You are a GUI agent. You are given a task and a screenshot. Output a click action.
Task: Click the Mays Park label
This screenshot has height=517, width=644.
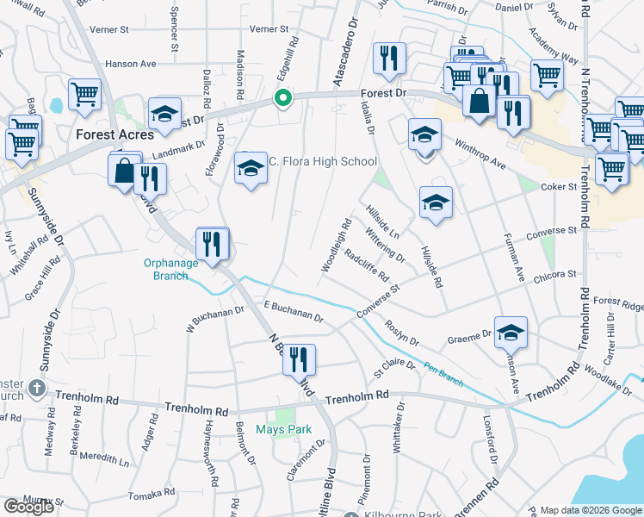(283, 429)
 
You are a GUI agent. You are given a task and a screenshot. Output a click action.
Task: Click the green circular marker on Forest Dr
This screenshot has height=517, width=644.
(282, 98)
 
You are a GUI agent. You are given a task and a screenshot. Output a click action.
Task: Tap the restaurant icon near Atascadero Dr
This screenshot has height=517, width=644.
(389, 59)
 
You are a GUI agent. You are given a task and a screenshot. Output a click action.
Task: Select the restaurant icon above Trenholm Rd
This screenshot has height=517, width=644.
(299, 359)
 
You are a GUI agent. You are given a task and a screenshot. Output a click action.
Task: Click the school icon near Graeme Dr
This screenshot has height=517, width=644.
(511, 332)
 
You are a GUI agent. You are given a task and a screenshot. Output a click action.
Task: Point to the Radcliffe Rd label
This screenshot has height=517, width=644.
(367, 265)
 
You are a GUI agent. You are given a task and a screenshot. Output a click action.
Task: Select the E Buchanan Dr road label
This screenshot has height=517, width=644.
(294, 312)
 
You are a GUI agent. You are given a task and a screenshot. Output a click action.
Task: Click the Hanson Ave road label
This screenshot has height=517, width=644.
(130, 64)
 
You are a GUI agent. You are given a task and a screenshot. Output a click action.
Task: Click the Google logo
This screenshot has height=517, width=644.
(29, 507)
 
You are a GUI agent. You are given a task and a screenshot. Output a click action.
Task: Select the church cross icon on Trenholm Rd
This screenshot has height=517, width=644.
(37, 388)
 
